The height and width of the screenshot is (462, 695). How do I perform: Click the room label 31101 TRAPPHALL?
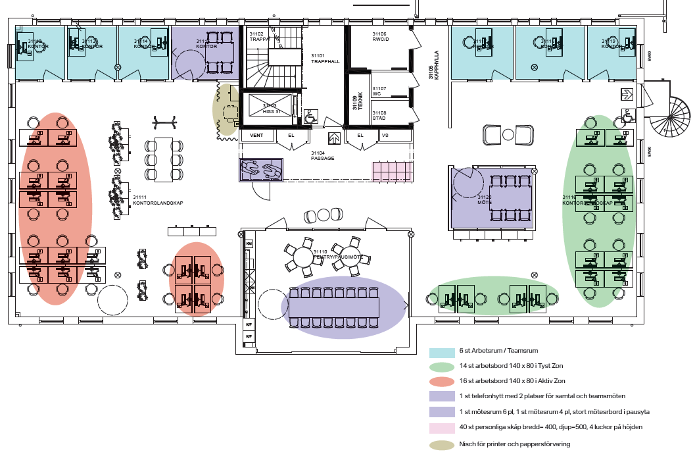[x=325, y=58]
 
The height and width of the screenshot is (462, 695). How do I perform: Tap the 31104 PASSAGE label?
[x=323, y=155]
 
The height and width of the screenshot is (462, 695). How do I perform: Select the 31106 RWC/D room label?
[x=379, y=37]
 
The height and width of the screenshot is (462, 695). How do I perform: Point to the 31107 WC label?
[x=379, y=91]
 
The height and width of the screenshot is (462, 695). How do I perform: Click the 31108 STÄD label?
[x=379, y=115]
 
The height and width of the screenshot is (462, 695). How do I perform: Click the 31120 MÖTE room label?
[x=485, y=200]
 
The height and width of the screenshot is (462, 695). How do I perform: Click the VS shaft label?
[x=385, y=136]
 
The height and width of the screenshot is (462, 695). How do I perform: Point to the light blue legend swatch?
[x=441, y=353]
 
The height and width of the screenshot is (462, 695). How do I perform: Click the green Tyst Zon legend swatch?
[x=441, y=367]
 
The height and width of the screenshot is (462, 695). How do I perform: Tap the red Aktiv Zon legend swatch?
[x=441, y=381]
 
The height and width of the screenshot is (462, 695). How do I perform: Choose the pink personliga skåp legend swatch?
[x=441, y=428]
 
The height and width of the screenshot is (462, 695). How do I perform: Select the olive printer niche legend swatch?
[x=441, y=444]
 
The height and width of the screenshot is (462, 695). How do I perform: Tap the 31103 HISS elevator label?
[x=270, y=108]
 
